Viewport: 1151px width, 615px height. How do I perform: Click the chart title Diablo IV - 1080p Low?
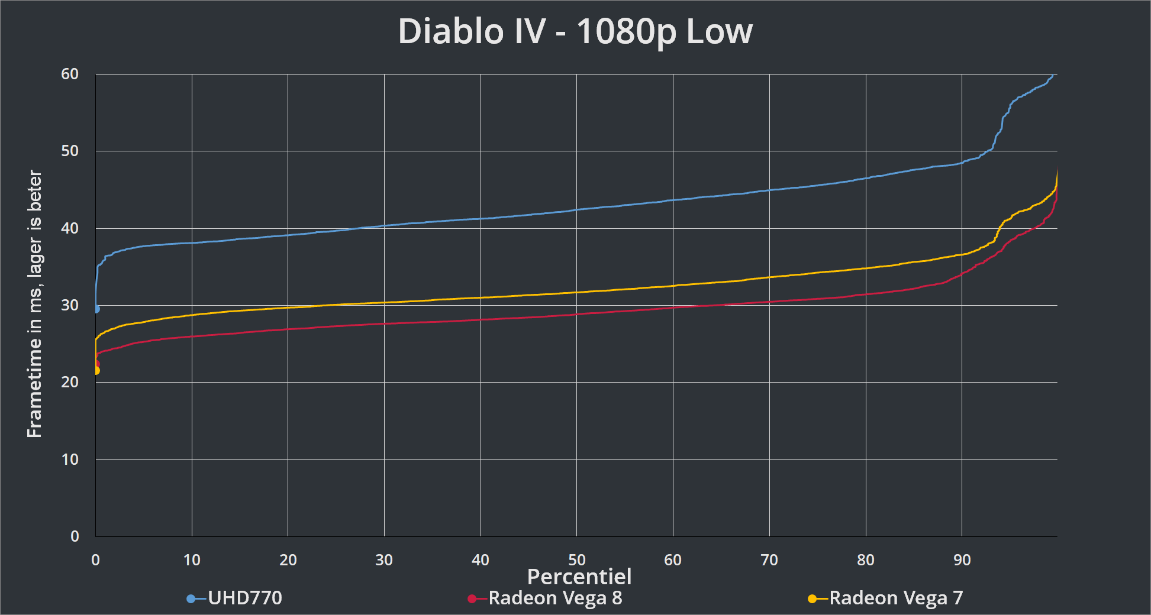(575, 31)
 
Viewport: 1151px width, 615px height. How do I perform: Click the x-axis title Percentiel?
(579, 577)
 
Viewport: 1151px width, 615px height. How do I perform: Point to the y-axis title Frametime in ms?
(35, 304)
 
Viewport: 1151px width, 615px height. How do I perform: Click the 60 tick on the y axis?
(70, 74)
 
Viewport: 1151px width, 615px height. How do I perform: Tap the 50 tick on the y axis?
(70, 151)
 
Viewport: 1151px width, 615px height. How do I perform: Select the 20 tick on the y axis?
(70, 382)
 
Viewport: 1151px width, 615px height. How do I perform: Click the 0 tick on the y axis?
(75, 536)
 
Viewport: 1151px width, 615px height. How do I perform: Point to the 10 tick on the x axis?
(192, 560)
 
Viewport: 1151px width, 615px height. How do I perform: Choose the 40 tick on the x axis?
(481, 560)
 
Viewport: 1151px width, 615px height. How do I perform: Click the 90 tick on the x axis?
(962, 560)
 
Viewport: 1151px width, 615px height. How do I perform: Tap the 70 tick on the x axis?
(769, 560)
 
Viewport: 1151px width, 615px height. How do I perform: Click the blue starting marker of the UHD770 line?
(96, 309)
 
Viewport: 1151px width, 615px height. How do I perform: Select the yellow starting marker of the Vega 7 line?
(96, 371)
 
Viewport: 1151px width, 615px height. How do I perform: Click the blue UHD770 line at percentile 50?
(577, 209)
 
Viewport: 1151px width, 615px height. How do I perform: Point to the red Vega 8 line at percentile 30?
(384, 323)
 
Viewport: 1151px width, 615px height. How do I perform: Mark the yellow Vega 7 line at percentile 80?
(866, 268)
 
